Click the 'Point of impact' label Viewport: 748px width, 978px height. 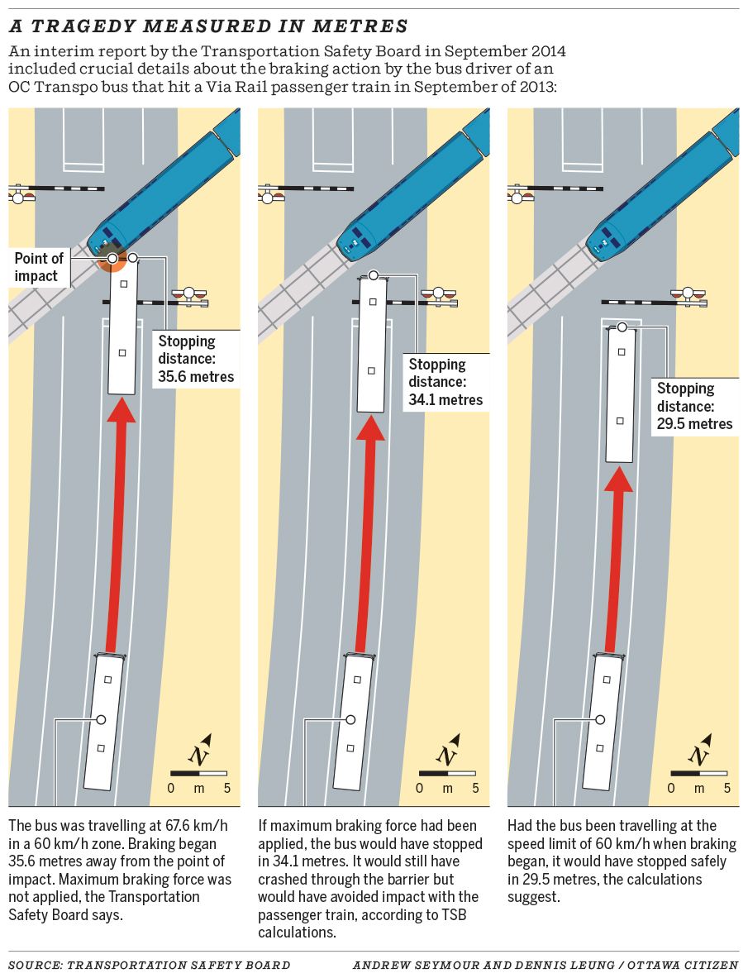point(39,267)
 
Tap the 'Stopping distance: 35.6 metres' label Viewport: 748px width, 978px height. point(196,359)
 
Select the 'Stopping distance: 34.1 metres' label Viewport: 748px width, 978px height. point(445,382)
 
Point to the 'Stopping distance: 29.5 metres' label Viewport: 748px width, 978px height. point(694,406)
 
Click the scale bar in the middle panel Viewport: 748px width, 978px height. point(447,773)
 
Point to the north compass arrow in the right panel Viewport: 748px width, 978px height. point(700,751)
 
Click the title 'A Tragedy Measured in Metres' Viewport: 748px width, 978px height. point(208,26)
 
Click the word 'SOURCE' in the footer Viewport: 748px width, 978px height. point(34,965)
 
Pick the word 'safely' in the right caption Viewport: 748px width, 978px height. point(707,861)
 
